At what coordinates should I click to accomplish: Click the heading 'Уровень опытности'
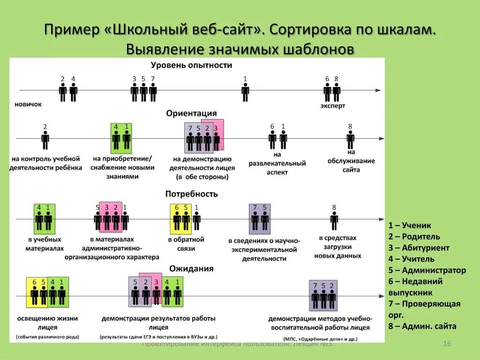click(x=191, y=65)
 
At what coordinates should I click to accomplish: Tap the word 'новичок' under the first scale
click(x=28, y=104)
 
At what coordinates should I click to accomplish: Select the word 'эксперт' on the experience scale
click(x=333, y=106)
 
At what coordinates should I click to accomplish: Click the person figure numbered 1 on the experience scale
click(x=245, y=91)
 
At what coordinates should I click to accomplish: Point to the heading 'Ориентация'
click(x=191, y=113)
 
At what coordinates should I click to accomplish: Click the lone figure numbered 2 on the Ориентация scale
click(x=45, y=139)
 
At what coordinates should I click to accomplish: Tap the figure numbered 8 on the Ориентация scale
click(x=350, y=139)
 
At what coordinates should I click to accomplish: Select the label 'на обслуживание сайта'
click(x=351, y=161)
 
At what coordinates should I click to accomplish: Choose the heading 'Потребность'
click(x=191, y=194)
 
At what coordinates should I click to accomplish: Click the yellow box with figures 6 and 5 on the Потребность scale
click(x=181, y=218)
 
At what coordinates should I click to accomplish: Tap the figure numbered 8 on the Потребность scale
click(x=334, y=220)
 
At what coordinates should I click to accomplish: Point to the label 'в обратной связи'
click(x=186, y=244)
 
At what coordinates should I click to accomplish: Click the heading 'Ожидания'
click(x=191, y=269)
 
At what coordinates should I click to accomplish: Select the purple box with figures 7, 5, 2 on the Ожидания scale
click(x=323, y=295)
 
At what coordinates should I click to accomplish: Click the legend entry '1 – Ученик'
click(x=410, y=225)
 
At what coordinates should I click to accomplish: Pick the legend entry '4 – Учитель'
click(x=411, y=259)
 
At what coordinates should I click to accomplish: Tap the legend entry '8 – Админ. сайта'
click(x=422, y=327)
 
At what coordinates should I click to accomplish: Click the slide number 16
click(x=447, y=344)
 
